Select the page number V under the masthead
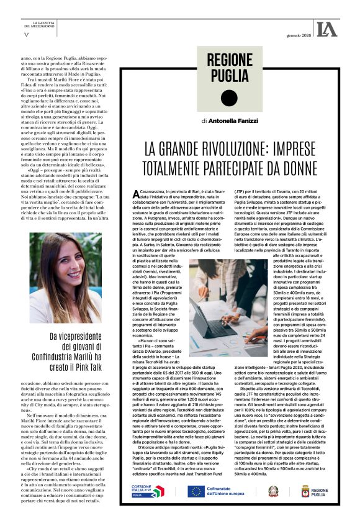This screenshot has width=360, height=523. click(x=25, y=34)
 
